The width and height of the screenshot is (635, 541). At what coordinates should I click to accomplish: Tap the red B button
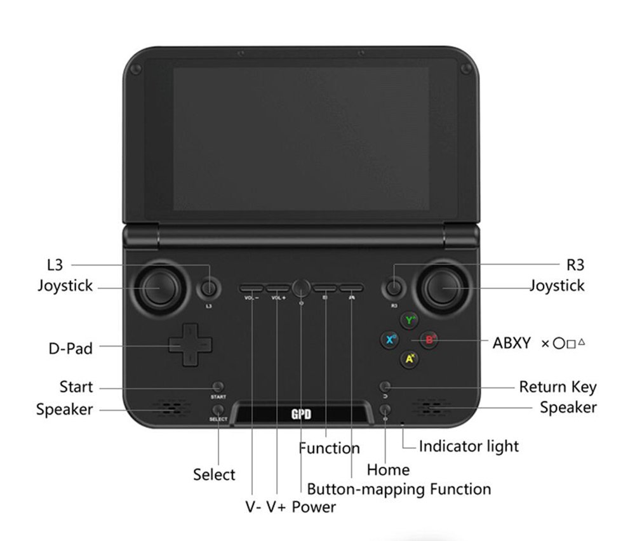click(x=430, y=340)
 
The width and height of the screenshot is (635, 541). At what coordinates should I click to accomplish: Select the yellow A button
click(x=410, y=359)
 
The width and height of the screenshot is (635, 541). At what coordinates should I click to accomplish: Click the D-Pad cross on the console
click(x=190, y=344)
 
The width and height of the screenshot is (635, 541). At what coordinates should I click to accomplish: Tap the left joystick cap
click(x=154, y=289)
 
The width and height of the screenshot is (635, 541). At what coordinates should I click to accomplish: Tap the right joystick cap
click(x=445, y=289)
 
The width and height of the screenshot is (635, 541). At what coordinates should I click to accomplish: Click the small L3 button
click(x=208, y=289)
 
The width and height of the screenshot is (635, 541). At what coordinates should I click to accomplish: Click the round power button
click(x=302, y=288)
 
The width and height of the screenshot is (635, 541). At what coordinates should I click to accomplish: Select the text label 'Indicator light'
click(x=469, y=446)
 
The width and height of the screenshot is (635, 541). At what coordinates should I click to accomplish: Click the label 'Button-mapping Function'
click(x=399, y=489)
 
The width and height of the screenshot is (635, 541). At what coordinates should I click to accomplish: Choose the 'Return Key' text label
click(x=558, y=387)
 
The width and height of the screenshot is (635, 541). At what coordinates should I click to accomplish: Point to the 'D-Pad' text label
click(x=70, y=348)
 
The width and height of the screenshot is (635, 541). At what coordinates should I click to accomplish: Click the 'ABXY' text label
click(x=511, y=343)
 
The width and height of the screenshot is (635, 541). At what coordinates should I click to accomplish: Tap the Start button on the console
click(x=218, y=386)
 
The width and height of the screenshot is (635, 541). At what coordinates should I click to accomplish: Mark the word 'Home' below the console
click(x=388, y=470)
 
